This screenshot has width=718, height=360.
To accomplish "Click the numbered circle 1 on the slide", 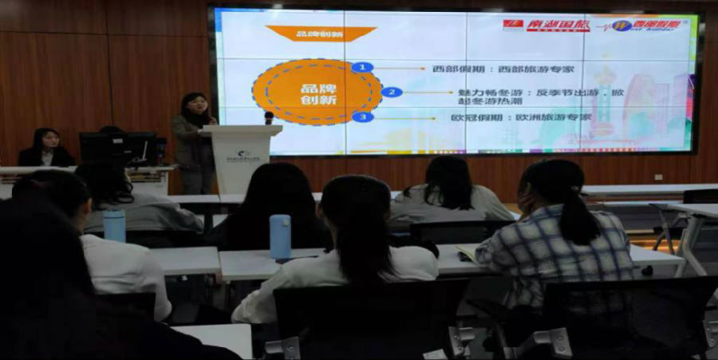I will pos(362,67).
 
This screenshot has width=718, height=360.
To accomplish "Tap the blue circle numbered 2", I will pos(391,92).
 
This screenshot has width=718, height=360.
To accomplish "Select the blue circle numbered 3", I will pos(362,117).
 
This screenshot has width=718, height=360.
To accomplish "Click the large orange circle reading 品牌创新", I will pos(318,91).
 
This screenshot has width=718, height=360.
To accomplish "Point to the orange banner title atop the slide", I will pos(321,33).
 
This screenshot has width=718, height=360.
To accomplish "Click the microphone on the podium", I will pos(269,118).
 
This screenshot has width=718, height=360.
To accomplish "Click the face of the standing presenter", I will pos(196,105).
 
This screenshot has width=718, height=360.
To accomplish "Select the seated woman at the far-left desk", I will pos(45,148).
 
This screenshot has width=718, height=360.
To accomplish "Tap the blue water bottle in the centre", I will pos(280,236).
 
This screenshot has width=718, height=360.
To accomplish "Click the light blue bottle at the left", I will pos(114,225).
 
